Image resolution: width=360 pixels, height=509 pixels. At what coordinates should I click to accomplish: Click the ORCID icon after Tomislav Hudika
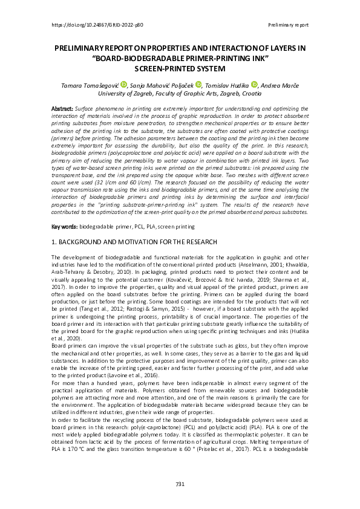click(254, 86)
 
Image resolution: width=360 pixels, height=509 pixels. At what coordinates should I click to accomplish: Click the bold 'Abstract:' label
click(64, 108)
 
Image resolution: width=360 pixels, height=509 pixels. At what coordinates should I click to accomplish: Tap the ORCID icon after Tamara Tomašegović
click(124, 86)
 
